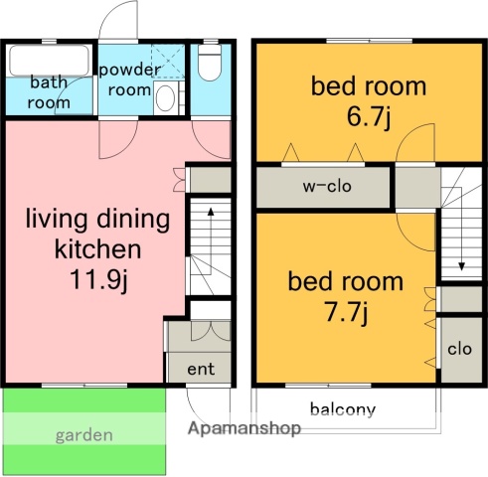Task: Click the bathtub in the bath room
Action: click(x=50, y=61)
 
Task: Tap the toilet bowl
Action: click(x=210, y=63)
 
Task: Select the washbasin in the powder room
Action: click(x=165, y=97)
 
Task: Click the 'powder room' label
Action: click(x=129, y=79)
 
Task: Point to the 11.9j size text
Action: click(x=98, y=279)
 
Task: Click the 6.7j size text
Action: click(x=369, y=117)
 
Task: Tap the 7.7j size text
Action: click(x=346, y=313)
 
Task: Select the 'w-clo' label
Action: click(x=327, y=186)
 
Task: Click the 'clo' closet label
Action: click(x=459, y=349)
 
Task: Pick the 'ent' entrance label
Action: click(x=201, y=369)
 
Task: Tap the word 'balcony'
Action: click(x=343, y=410)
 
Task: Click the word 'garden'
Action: click(x=84, y=435)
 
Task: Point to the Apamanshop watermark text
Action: click(x=244, y=428)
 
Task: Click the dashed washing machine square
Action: click(x=168, y=62)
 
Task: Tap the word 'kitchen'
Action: click(x=97, y=249)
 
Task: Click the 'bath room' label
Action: click(x=49, y=92)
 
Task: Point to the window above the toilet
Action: click(x=211, y=42)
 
